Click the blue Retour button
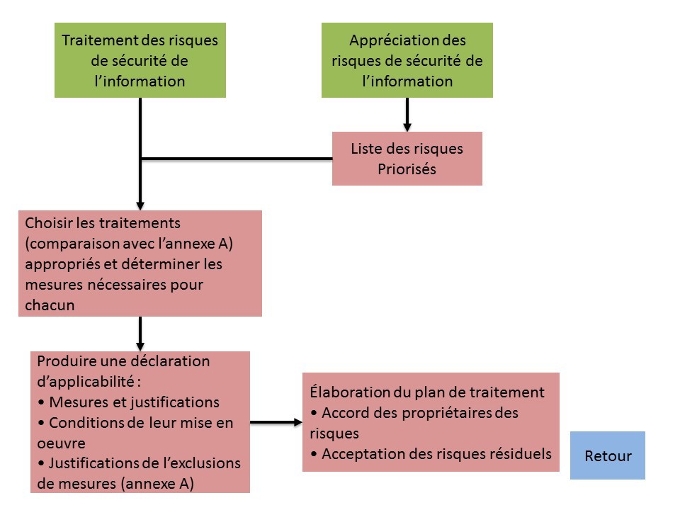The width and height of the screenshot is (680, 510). click(x=608, y=455)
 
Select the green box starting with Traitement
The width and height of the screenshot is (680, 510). click(x=140, y=60)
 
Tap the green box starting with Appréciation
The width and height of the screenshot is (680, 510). click(x=407, y=60)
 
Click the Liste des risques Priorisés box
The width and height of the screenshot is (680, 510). click(x=407, y=159)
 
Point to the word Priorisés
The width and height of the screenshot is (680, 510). click(x=407, y=169)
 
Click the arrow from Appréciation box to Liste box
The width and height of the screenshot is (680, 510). click(x=407, y=115)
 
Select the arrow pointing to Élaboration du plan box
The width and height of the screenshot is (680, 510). click(x=276, y=423)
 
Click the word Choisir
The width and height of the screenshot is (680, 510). click(x=47, y=223)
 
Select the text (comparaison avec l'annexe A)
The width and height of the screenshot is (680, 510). click(x=129, y=244)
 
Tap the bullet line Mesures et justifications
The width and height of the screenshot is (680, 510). click(x=127, y=402)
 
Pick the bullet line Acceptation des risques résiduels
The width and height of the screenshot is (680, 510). click(x=431, y=454)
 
